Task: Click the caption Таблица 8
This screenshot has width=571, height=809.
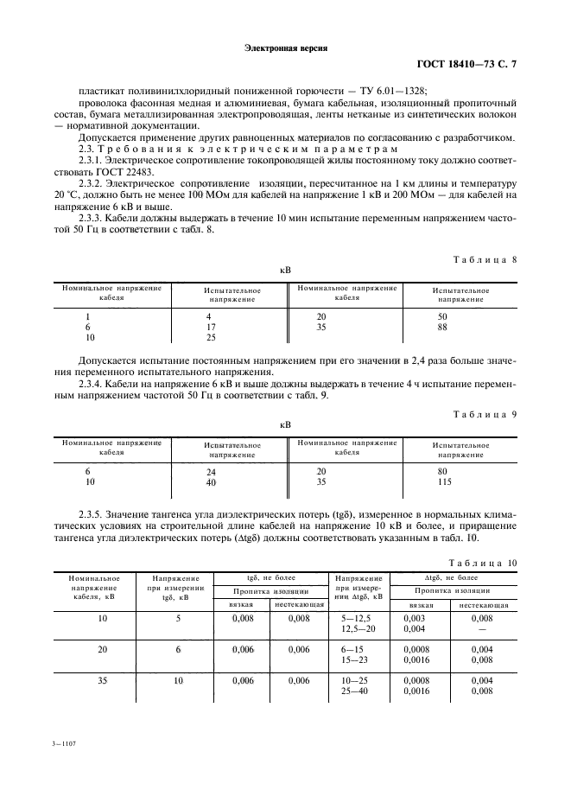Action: tap(485, 259)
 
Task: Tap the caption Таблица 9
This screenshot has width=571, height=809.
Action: tap(485, 414)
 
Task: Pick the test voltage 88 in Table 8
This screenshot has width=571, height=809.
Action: tap(442, 327)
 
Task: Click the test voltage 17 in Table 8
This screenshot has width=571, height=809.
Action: tap(210, 327)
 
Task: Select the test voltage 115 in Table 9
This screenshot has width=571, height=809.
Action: tap(445, 481)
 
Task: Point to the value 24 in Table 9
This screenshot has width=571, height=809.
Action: tap(211, 472)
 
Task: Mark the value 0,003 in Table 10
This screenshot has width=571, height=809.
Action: tap(414, 618)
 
